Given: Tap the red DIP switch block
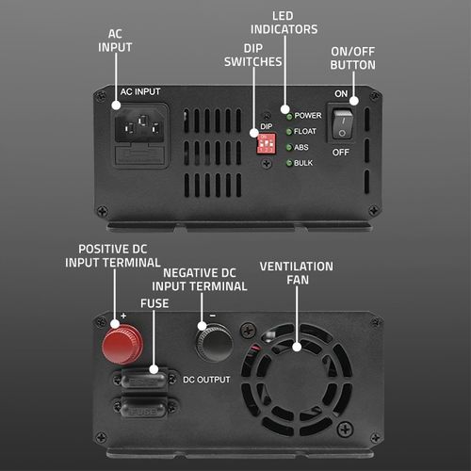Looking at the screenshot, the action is point(267,144).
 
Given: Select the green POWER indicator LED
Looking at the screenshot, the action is point(289,117).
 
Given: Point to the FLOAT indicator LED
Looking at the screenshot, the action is point(289,132).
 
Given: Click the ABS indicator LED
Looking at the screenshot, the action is point(289,147).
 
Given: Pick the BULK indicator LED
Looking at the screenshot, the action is point(289,163).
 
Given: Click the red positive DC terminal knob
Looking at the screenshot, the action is point(122,345).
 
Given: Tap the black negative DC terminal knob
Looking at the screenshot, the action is point(215,342).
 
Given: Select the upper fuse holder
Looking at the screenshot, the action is point(143,380).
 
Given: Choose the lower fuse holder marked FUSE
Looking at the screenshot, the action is point(143,408).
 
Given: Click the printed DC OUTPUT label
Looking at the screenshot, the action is point(206,380).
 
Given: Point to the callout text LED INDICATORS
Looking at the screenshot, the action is point(284,23).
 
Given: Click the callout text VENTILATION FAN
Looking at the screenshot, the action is point(297,273).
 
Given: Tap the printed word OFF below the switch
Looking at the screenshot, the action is point(341,153).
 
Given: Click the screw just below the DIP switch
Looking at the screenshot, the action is point(267,163).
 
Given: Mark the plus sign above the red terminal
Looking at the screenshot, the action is point(123,316).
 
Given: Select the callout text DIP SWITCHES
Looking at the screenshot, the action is point(253,56).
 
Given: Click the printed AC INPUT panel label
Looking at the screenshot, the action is point(140,91).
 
